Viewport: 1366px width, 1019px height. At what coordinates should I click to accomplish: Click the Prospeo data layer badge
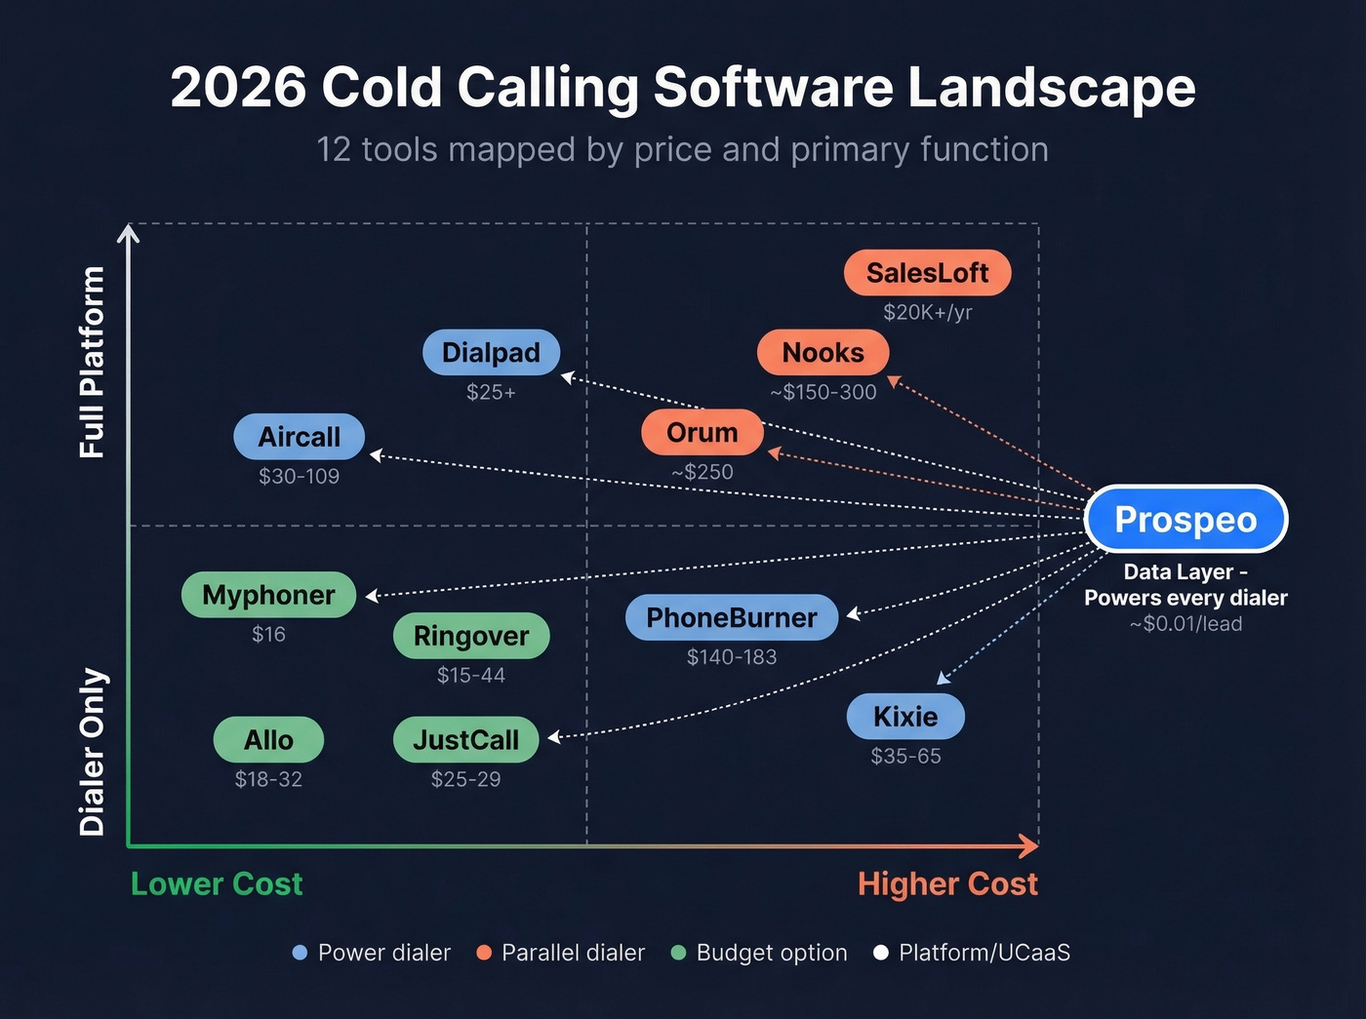(1185, 520)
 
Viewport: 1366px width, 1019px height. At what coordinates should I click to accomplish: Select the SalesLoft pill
(927, 273)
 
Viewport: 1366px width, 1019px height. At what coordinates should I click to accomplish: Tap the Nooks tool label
(823, 353)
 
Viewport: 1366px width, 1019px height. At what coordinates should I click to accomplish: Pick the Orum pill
(702, 433)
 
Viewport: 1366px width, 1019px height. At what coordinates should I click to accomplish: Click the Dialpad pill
(491, 353)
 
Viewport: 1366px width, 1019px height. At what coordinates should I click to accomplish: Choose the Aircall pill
(299, 437)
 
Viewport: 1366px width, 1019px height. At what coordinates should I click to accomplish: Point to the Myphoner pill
(268, 595)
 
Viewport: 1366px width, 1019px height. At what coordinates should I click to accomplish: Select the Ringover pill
(471, 636)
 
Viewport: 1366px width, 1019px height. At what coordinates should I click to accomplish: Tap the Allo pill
(268, 740)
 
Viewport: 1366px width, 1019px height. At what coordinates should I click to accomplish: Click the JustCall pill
(465, 740)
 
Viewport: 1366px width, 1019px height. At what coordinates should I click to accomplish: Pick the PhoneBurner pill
(732, 617)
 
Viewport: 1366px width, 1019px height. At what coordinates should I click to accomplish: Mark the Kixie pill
(905, 717)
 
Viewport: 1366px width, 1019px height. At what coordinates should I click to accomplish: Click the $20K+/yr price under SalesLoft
(927, 312)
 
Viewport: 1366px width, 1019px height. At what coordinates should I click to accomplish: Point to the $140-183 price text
(732, 657)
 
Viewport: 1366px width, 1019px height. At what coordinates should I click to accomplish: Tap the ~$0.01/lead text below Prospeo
(1185, 624)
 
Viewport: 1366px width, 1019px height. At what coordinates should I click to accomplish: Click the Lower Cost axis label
(217, 883)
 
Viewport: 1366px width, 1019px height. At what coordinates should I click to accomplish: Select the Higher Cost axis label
(947, 883)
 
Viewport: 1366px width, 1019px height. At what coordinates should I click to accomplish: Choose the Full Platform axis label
(92, 362)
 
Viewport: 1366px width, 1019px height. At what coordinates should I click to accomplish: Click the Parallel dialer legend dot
(484, 953)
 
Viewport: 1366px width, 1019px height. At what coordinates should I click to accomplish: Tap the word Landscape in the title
(1052, 88)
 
